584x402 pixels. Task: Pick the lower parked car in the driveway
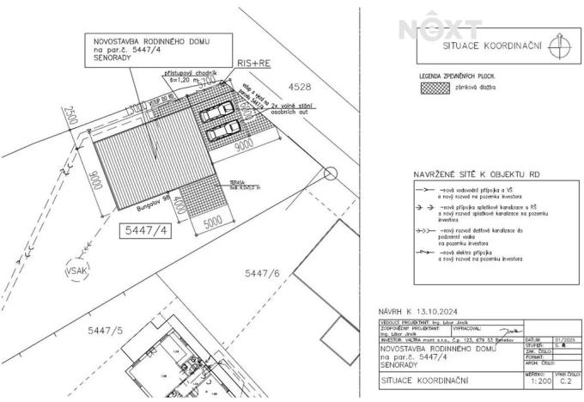coord(222,131)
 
